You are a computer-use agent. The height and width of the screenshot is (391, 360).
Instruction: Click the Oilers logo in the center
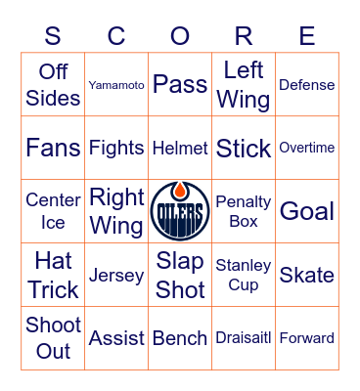(180, 211)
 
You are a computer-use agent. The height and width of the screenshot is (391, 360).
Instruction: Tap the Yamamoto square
(116, 85)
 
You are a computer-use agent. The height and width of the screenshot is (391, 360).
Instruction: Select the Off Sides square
(53, 85)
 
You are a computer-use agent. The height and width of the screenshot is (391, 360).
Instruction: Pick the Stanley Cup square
(244, 275)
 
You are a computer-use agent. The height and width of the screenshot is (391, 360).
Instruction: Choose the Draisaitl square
(244, 338)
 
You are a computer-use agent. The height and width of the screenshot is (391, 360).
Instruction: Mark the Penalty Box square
(244, 211)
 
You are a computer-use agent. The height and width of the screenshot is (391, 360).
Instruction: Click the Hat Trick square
(53, 275)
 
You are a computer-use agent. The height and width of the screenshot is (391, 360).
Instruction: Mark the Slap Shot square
(180, 275)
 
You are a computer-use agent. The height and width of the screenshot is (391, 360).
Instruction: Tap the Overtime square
(307, 148)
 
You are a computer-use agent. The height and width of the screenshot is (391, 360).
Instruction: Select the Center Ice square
(53, 211)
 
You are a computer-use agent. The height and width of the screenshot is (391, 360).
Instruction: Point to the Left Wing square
(244, 85)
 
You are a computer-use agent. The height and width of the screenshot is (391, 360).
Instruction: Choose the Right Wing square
(116, 211)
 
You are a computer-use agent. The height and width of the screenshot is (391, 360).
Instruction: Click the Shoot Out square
(53, 338)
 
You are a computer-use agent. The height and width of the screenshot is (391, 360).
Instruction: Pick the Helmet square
(180, 148)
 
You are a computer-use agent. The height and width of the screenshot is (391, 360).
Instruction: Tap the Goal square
(307, 211)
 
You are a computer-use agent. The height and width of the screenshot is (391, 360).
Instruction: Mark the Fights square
(116, 148)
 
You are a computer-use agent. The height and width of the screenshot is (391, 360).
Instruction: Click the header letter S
(53, 36)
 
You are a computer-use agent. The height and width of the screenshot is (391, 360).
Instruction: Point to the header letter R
(244, 36)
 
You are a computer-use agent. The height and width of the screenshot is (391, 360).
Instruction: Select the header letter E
(307, 36)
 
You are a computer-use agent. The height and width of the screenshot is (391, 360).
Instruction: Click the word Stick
(244, 148)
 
